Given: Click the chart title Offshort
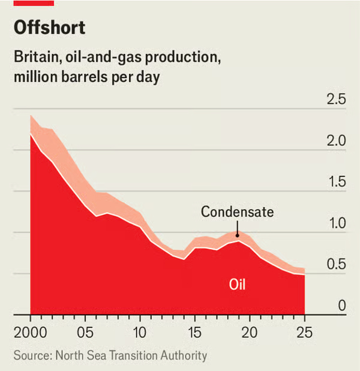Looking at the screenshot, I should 50,28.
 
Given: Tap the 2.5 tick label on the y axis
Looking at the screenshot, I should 335,100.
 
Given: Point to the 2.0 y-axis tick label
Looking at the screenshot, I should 335,141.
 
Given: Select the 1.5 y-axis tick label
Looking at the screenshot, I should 335,182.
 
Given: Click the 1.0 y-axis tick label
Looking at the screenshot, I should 335,224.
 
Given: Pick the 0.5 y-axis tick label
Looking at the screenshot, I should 335,265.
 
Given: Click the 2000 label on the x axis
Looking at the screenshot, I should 31,332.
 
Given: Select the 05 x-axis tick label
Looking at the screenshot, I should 85,332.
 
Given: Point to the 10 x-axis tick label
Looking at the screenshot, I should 140,332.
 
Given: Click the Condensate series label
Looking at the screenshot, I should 237,212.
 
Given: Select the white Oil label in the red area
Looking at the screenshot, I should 238,284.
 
